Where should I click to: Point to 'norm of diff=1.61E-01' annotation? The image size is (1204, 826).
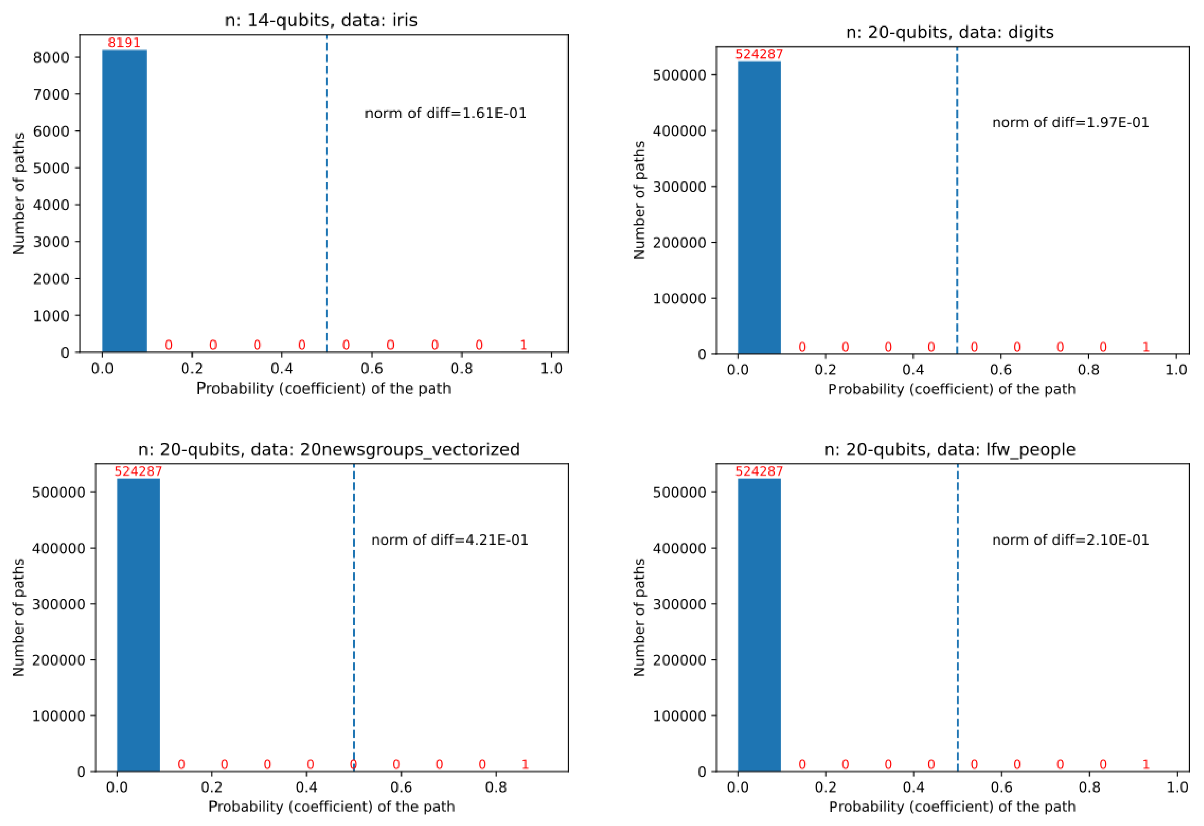(x=445, y=114)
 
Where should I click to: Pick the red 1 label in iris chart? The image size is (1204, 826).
(x=523, y=345)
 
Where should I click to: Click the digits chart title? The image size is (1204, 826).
(x=950, y=32)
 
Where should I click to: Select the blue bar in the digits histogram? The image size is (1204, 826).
(x=759, y=208)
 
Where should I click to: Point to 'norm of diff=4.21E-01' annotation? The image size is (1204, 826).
(x=450, y=540)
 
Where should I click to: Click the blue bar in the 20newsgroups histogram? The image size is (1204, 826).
(x=138, y=625)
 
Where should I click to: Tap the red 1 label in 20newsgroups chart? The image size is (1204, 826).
(x=525, y=764)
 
